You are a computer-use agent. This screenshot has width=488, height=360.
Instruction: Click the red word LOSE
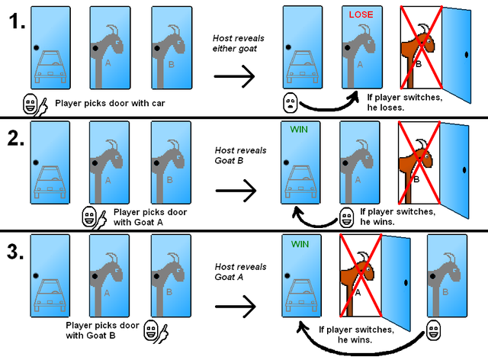click(361, 14)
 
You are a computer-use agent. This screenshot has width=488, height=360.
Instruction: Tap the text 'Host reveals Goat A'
click(240, 272)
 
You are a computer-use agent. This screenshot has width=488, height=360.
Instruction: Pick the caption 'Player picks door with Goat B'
click(103, 330)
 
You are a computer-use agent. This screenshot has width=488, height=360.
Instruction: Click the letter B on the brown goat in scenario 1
click(418, 66)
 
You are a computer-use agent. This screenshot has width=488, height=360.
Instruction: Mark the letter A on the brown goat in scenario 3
click(357, 292)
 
